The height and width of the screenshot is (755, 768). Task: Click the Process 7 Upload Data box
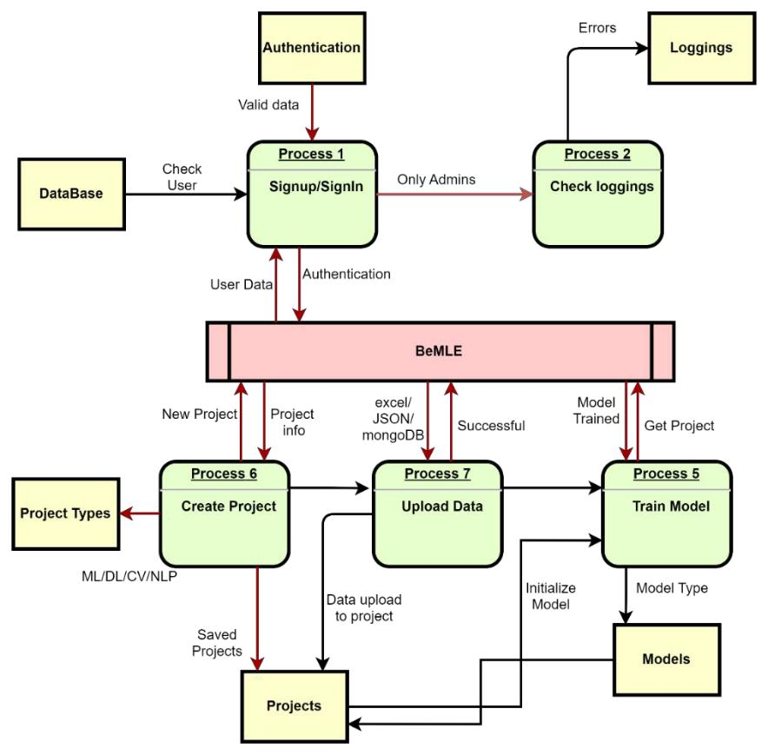[439, 512]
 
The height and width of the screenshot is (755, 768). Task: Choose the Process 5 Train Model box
[666, 512]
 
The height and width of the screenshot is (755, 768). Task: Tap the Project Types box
[67, 513]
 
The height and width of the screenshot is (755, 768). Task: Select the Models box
[666, 659]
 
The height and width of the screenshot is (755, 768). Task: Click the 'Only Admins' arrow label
[437, 180]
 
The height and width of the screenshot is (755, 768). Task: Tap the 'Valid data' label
[269, 105]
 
